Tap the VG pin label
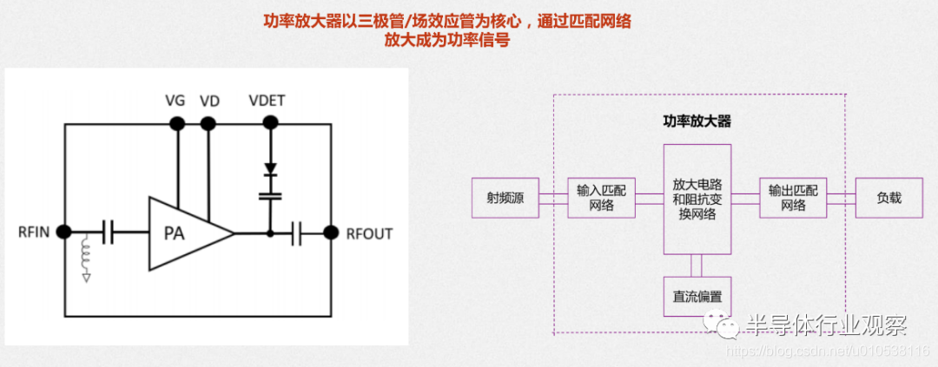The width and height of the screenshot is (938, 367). pyautogui.click(x=175, y=102)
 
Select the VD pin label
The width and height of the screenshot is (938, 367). pyautogui.click(x=209, y=102)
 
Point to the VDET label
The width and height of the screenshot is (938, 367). pyautogui.click(x=267, y=102)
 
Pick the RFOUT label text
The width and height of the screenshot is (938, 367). pyautogui.click(x=369, y=233)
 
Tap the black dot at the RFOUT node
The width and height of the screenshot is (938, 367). pyautogui.click(x=330, y=233)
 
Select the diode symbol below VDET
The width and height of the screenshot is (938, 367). pyautogui.click(x=270, y=168)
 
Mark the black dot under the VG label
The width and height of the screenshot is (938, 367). pyautogui.click(x=176, y=124)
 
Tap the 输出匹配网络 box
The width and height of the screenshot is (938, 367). pyautogui.click(x=793, y=199)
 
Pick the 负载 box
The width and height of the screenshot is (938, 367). pyautogui.click(x=888, y=199)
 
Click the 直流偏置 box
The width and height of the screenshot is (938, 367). pyautogui.click(x=697, y=297)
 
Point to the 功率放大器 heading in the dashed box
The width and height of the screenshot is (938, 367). pyautogui.click(x=697, y=121)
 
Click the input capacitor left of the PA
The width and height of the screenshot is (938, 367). pyautogui.click(x=109, y=233)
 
